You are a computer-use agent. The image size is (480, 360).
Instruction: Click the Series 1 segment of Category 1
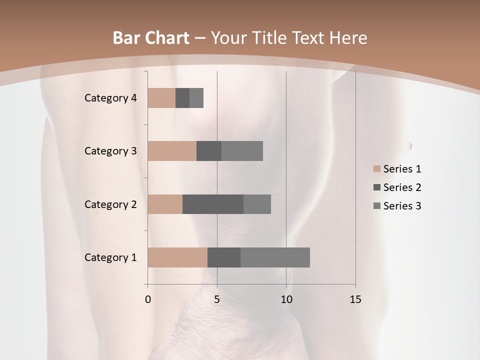pyautogui.click(x=177, y=257)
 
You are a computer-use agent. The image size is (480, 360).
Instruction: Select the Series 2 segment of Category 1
pyautogui.click(x=224, y=257)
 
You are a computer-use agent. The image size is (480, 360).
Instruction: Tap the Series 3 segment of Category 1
pyautogui.click(x=275, y=257)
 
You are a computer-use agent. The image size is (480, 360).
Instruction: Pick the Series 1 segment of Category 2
pyautogui.click(x=165, y=204)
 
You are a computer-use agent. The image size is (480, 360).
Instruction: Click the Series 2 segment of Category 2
pyautogui.click(x=213, y=204)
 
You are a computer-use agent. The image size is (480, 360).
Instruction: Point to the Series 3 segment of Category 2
pyautogui.click(x=257, y=204)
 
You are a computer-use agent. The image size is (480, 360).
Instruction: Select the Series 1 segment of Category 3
pyautogui.click(x=172, y=151)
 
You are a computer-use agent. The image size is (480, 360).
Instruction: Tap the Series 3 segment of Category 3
pyautogui.click(x=242, y=151)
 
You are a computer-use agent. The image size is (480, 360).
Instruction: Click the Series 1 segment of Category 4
pyautogui.click(x=161, y=98)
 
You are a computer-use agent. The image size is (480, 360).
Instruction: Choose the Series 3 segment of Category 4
pyautogui.click(x=196, y=98)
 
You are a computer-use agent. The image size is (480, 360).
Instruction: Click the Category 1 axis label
pyautogui.click(x=110, y=257)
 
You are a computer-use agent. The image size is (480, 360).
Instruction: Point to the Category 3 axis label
pyautogui.click(x=110, y=151)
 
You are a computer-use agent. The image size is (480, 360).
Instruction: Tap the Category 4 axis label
pyautogui.click(x=110, y=98)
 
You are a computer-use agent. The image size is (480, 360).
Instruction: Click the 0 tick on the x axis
pyautogui.click(x=148, y=299)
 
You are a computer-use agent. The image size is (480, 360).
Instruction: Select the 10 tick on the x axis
pyautogui.click(x=286, y=299)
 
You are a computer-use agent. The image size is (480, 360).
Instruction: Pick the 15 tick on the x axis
pyautogui.click(x=355, y=299)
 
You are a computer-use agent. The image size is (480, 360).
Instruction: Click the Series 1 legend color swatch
pyautogui.click(x=376, y=169)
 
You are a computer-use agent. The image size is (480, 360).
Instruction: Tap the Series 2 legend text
pyautogui.click(x=402, y=187)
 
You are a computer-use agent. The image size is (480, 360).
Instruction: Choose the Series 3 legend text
pyautogui.click(x=402, y=206)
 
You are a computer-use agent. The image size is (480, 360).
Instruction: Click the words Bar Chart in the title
pyautogui.click(x=151, y=38)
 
